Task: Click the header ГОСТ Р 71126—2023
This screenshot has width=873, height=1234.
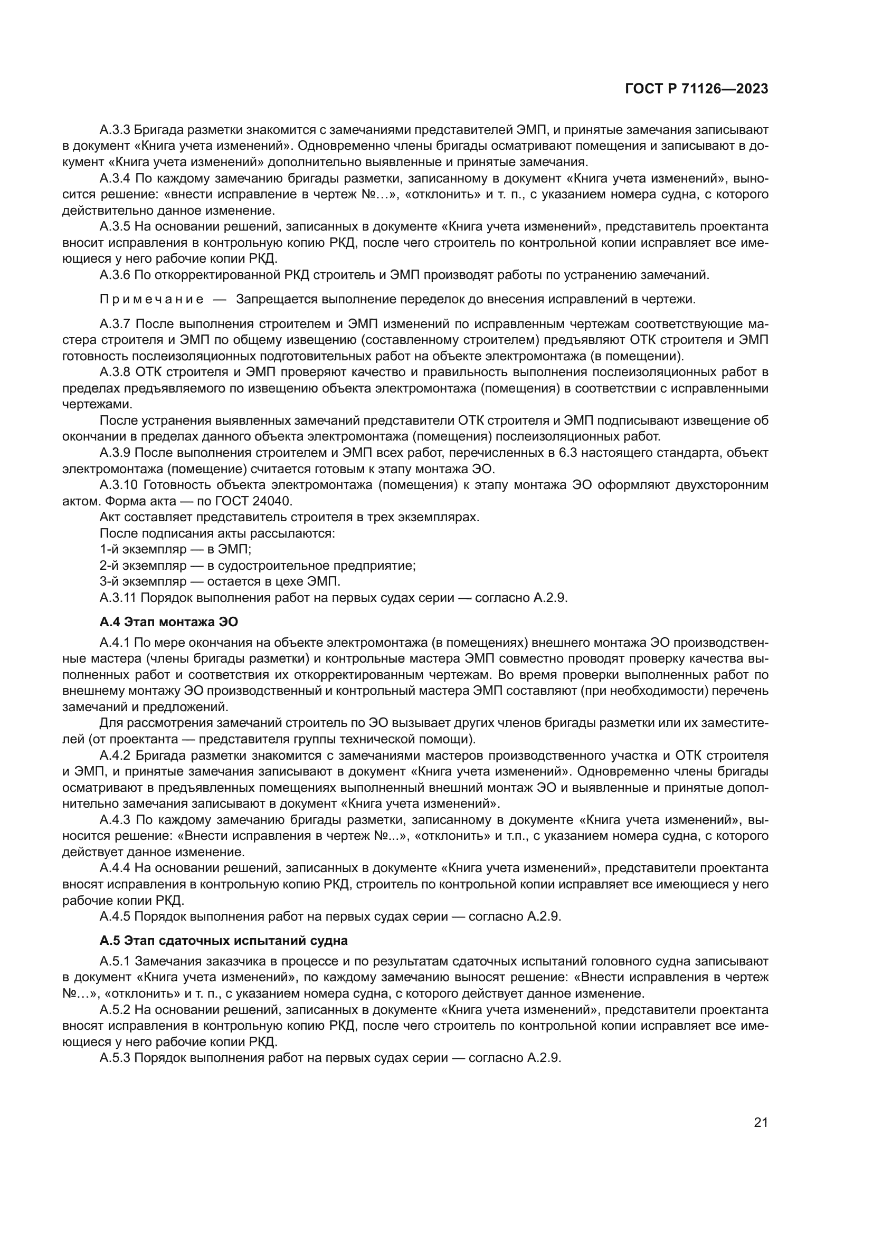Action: pos(696,89)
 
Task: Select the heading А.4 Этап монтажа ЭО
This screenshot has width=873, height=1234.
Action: pos(168,622)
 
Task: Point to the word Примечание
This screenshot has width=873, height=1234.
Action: pos(151,299)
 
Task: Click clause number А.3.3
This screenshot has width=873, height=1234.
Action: pos(115,130)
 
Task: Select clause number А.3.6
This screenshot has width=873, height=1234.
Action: pos(115,275)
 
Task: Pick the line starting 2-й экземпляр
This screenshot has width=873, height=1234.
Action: pos(258,566)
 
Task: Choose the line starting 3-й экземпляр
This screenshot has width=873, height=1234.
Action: pos(220,581)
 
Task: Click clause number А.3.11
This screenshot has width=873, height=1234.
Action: pos(118,598)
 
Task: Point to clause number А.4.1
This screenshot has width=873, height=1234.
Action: pos(115,642)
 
